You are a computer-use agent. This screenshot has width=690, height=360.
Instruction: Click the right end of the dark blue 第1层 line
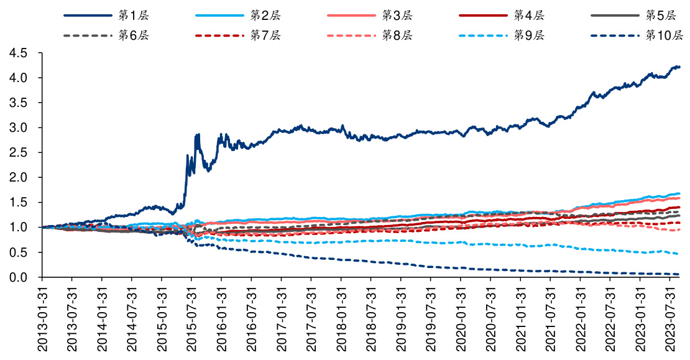679,67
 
